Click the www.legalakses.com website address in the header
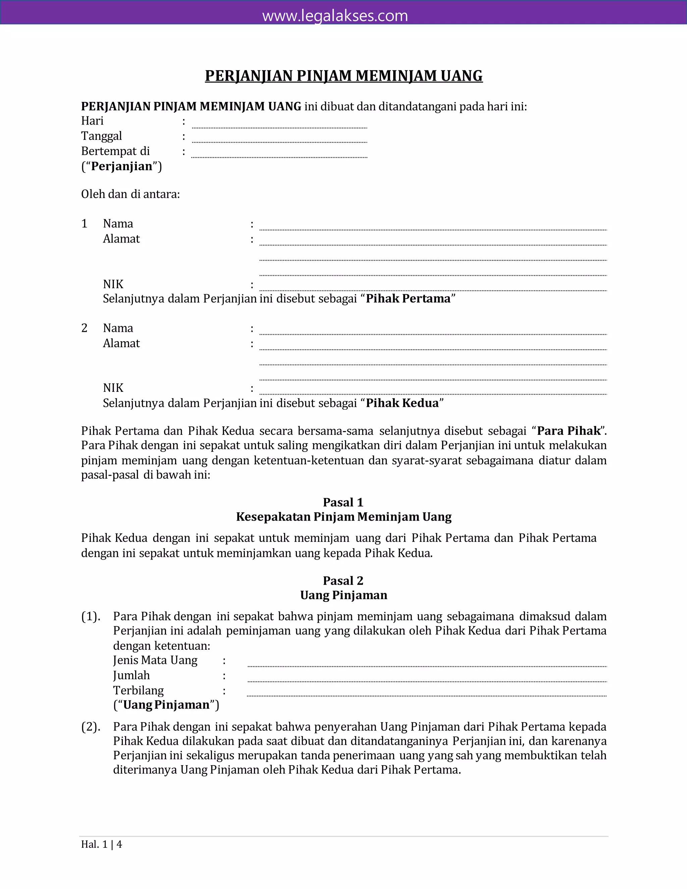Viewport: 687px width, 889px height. coord(335,16)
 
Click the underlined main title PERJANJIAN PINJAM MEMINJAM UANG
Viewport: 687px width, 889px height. coord(343,76)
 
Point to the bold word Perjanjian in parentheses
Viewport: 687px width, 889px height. coord(121,166)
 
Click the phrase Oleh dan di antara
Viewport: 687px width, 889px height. coord(130,194)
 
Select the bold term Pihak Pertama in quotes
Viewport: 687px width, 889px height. coord(408,299)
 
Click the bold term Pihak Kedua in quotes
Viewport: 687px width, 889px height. coord(402,403)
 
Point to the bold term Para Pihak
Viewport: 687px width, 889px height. coord(569,431)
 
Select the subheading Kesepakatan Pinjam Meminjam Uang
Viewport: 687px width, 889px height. coord(343,517)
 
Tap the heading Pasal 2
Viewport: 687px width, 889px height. coord(343,580)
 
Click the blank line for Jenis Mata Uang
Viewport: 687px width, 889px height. coord(427,664)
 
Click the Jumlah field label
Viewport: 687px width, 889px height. coord(131,675)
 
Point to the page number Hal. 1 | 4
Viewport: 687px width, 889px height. coord(101,844)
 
